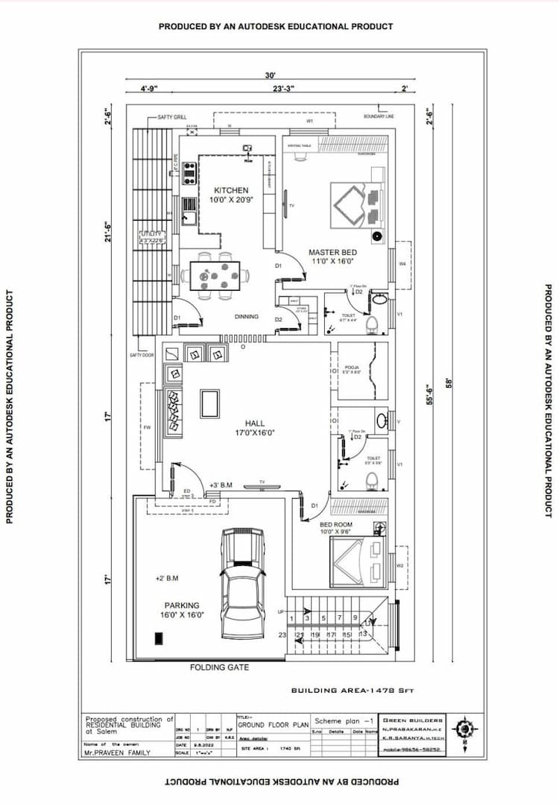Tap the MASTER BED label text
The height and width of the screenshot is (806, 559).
point(333,253)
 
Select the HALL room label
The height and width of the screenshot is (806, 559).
point(255,424)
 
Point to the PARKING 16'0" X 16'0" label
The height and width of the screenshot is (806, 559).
point(183,610)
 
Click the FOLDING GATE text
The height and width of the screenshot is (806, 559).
point(219,667)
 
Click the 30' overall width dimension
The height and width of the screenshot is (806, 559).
point(271,75)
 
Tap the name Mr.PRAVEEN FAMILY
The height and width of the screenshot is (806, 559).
point(117,752)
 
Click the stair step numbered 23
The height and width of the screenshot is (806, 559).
point(282,635)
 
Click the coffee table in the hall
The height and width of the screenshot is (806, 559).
point(210,403)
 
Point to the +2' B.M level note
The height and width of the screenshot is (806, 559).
point(166,578)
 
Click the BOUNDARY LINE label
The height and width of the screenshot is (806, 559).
point(379,117)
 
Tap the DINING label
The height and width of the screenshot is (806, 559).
point(247,317)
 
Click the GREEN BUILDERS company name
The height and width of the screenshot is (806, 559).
point(413,721)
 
